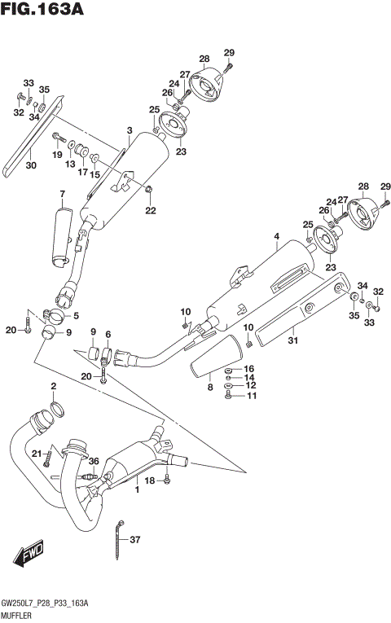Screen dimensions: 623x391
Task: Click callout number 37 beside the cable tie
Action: tap(135, 539)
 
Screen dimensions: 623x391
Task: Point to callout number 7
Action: tap(61, 193)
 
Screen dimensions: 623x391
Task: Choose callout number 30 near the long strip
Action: tap(31, 165)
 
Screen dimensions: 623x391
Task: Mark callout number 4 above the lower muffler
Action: tap(276, 238)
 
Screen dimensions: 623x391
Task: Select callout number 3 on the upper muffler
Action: tap(129, 130)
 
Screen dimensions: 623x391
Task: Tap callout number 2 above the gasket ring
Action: tap(53, 385)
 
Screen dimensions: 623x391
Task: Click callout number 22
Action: tap(150, 211)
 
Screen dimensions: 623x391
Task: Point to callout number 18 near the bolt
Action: tap(149, 481)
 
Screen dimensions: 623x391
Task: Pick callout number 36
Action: tap(94, 461)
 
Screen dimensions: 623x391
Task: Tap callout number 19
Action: tap(58, 154)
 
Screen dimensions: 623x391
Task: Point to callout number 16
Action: tap(250, 369)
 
